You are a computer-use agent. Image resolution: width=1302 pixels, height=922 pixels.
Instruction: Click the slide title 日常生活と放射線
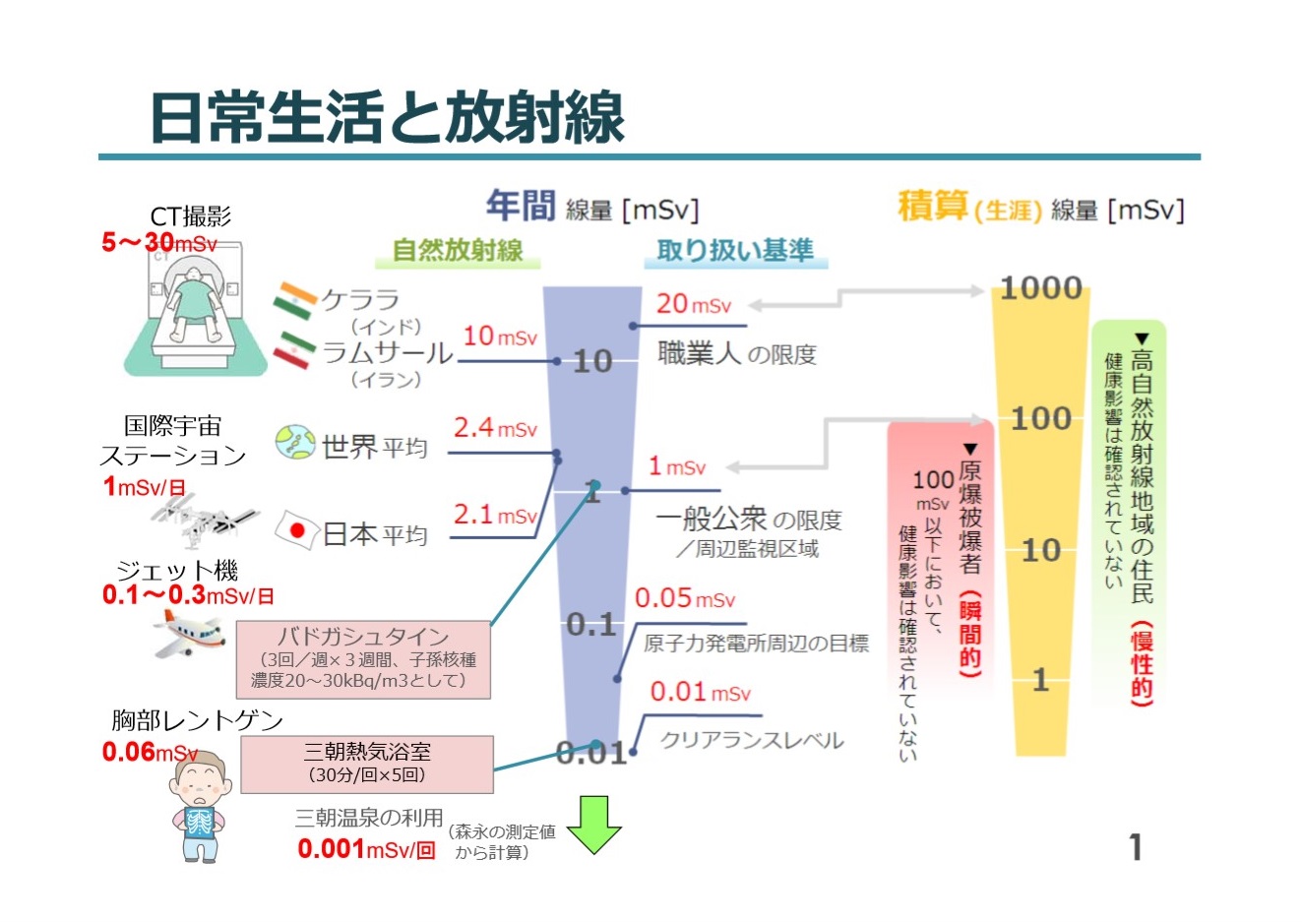tap(387, 117)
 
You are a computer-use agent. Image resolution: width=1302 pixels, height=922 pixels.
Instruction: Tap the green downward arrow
tap(594, 824)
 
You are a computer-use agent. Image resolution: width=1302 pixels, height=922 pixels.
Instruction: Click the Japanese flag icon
tap(296, 531)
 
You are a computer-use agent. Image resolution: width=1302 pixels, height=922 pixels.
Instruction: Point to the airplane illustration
tap(188, 632)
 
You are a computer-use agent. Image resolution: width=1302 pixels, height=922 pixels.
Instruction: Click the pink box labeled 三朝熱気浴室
tap(367, 764)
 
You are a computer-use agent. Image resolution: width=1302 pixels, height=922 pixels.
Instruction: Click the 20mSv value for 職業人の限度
tap(694, 305)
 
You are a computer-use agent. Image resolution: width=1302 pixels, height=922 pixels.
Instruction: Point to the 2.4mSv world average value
tap(495, 428)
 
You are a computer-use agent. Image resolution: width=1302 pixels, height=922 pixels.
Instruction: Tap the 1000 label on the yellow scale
tap(1041, 288)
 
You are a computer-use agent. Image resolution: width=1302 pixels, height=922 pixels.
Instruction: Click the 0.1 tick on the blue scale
tap(590, 625)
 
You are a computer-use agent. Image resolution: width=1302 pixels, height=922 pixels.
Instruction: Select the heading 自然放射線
tap(458, 251)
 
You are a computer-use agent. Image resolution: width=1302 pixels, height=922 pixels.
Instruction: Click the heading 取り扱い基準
tap(735, 251)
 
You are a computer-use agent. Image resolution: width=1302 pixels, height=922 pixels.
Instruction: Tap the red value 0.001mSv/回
tap(366, 849)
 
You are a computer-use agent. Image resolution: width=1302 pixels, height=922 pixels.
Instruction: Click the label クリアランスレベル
tap(751, 740)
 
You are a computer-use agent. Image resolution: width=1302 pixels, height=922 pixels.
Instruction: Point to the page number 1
tap(1136, 846)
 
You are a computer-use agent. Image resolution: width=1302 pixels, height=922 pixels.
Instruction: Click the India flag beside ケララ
tap(294, 300)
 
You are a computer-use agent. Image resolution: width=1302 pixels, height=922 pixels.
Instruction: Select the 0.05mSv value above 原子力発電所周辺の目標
tap(684, 598)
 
